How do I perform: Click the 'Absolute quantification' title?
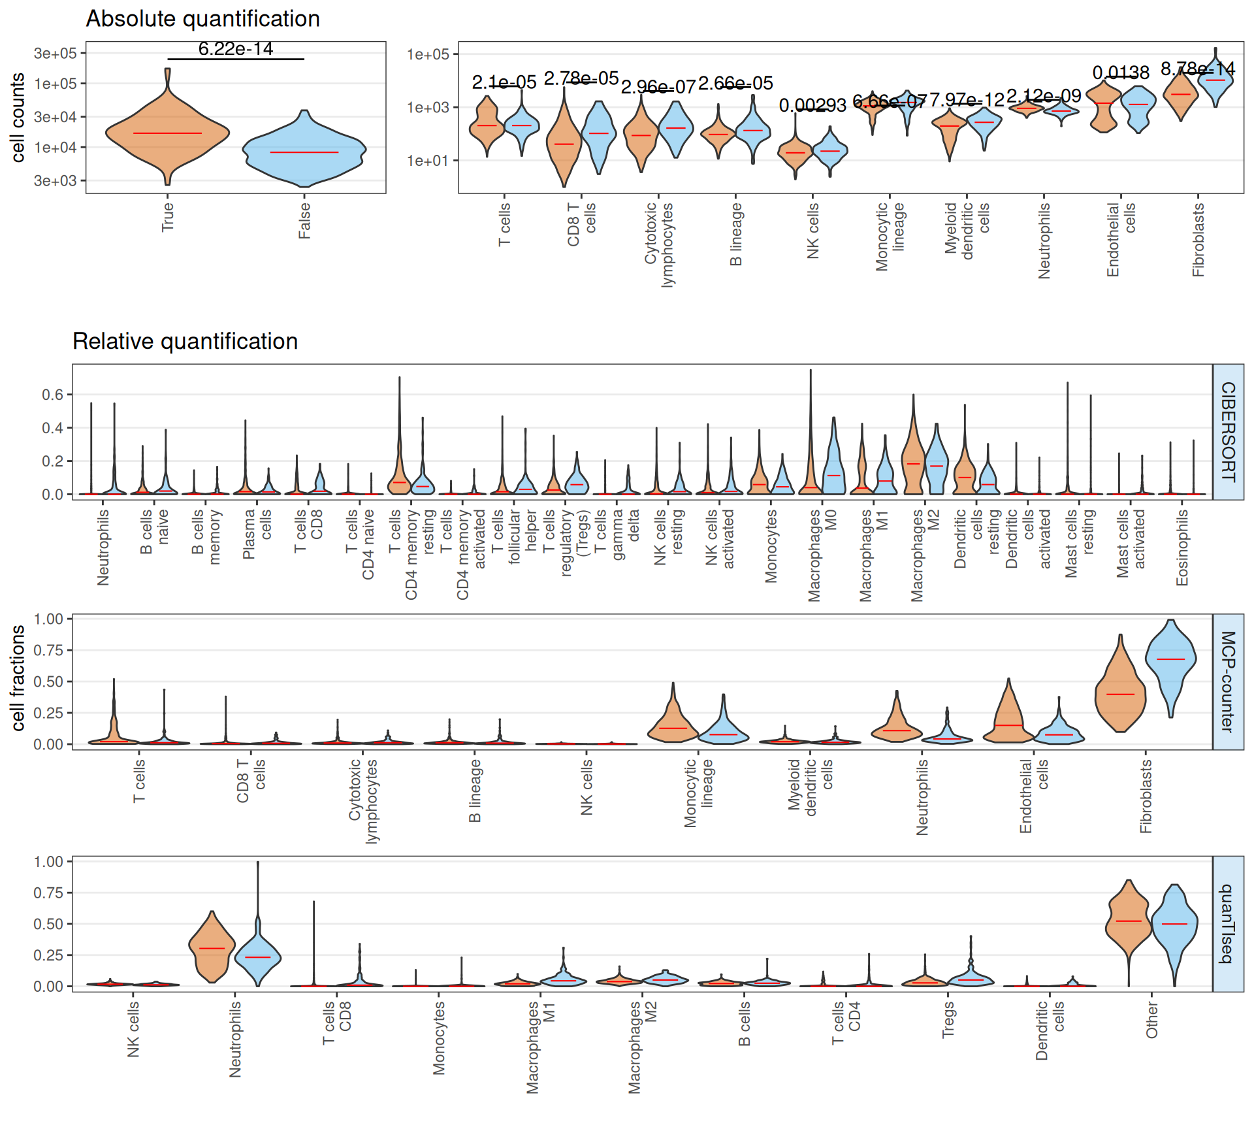202,19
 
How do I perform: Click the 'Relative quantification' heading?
185,342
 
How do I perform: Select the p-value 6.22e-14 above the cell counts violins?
236,49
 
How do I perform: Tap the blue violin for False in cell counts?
304,152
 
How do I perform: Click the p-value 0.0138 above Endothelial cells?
1121,73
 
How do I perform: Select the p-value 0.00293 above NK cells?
812,105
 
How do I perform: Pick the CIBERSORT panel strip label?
1229,432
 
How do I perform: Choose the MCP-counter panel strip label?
1229,681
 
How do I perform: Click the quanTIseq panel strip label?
1229,924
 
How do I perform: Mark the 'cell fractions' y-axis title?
18,678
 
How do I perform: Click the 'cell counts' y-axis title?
18,118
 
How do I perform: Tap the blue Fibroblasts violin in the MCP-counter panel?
1171,660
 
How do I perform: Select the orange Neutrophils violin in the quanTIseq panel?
212,947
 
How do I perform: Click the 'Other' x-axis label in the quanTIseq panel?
1151,1021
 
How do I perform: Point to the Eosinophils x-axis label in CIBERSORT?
1182,548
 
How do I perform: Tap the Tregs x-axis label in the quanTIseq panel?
948,1020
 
